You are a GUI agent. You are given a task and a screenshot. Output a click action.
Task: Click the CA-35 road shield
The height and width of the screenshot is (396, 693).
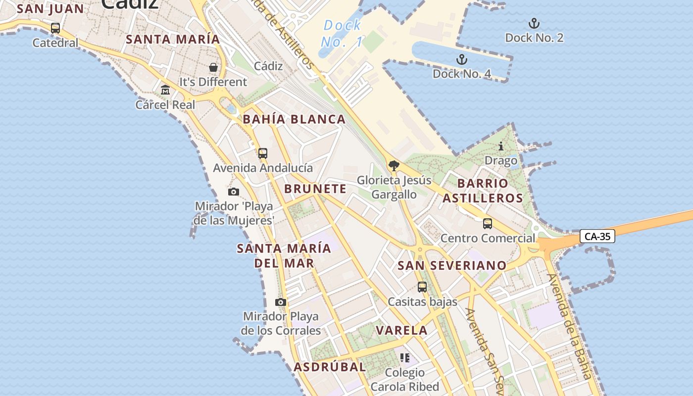point(597,237)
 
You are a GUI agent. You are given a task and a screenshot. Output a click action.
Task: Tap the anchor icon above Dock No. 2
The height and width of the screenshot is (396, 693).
point(534,23)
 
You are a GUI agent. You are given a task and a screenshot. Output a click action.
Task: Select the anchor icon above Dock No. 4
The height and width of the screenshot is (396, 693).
point(461,60)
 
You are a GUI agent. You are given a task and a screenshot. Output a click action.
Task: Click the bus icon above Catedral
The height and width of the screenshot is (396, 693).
point(55,28)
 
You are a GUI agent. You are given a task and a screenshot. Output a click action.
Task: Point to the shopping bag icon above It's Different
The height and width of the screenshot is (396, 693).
point(213,67)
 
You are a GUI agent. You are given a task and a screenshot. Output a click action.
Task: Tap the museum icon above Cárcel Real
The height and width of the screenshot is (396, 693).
point(165,90)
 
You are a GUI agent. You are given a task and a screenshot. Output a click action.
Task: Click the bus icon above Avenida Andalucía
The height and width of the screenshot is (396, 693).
point(263,153)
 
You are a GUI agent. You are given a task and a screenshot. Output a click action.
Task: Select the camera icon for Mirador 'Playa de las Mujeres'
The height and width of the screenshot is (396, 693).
point(234,192)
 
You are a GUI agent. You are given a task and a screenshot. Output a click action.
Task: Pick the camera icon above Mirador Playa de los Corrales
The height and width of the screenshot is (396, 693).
point(281,302)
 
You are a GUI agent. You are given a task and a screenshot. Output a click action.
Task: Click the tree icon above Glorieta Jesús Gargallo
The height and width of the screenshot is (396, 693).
point(394,166)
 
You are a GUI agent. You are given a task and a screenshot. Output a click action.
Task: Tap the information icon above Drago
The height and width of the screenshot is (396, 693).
point(501,147)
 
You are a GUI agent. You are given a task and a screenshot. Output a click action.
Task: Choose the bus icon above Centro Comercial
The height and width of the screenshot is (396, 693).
point(488,224)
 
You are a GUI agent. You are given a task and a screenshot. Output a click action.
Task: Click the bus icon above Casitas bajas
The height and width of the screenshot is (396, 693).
point(422,287)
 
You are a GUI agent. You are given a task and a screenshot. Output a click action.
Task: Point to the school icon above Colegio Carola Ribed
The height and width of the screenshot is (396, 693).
point(405,358)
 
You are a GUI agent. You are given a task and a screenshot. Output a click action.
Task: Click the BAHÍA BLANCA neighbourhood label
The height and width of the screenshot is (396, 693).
point(294,119)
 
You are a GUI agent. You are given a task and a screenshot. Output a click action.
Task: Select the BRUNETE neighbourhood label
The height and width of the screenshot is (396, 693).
point(315,189)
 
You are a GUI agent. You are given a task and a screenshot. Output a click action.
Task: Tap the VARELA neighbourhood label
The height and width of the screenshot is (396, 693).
point(401,330)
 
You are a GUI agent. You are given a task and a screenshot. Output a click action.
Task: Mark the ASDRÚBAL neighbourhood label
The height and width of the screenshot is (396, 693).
point(330,367)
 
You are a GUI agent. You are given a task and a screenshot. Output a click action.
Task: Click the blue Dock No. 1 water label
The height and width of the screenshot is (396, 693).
point(342,34)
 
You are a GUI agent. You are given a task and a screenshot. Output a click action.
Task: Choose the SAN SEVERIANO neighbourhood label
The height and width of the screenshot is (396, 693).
point(452,265)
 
